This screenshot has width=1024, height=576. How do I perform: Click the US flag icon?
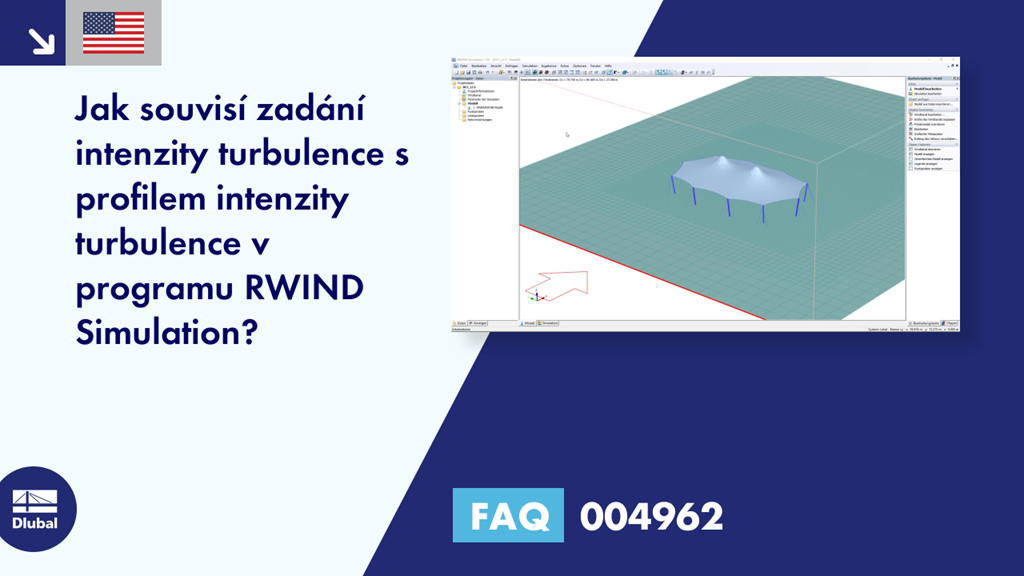[x=113, y=33]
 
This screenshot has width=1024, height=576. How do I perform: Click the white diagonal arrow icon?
[x=41, y=39]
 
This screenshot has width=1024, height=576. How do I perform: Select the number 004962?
[x=651, y=517]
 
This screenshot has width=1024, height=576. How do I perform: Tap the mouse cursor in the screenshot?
[x=567, y=134]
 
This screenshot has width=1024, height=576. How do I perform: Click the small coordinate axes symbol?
[x=537, y=295]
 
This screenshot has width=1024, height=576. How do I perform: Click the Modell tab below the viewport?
[x=527, y=324]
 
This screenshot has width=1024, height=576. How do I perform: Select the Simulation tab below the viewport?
[x=549, y=324]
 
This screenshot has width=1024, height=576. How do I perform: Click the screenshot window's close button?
[x=955, y=61]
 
